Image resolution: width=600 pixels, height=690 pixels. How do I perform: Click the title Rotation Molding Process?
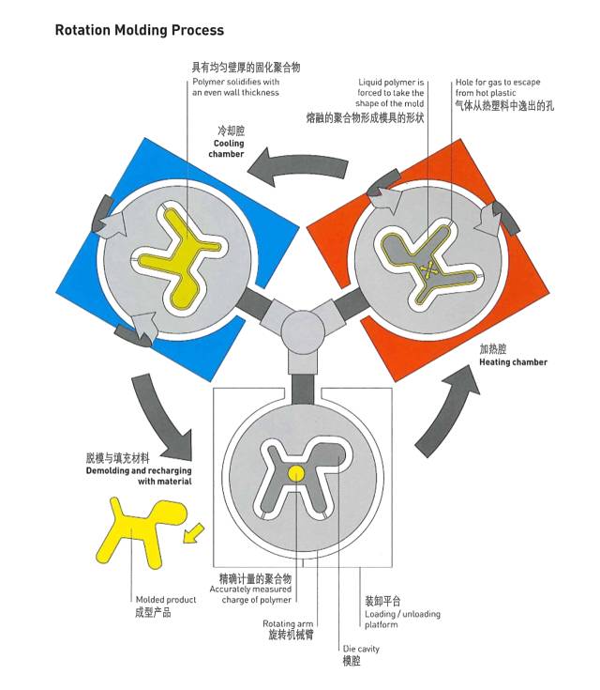(x=140, y=30)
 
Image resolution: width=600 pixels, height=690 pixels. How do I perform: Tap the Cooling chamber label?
(x=227, y=148)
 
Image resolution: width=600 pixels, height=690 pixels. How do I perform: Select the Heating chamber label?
(x=513, y=362)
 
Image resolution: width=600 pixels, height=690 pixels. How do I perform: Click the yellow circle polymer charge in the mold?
(x=296, y=473)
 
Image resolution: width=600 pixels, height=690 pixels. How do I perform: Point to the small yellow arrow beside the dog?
(x=193, y=533)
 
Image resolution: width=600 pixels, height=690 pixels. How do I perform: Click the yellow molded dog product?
(x=141, y=531)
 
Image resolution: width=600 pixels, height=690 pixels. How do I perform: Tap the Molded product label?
(x=166, y=599)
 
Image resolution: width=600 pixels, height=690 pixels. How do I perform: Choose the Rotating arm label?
(x=288, y=623)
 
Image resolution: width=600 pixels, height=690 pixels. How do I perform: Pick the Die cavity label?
(x=361, y=649)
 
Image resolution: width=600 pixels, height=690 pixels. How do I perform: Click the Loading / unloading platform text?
(x=402, y=620)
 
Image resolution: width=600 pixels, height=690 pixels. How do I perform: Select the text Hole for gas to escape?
(x=498, y=82)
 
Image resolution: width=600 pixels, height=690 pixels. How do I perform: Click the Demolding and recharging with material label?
(x=139, y=476)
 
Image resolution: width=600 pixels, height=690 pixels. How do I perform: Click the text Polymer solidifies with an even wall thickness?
(x=235, y=87)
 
